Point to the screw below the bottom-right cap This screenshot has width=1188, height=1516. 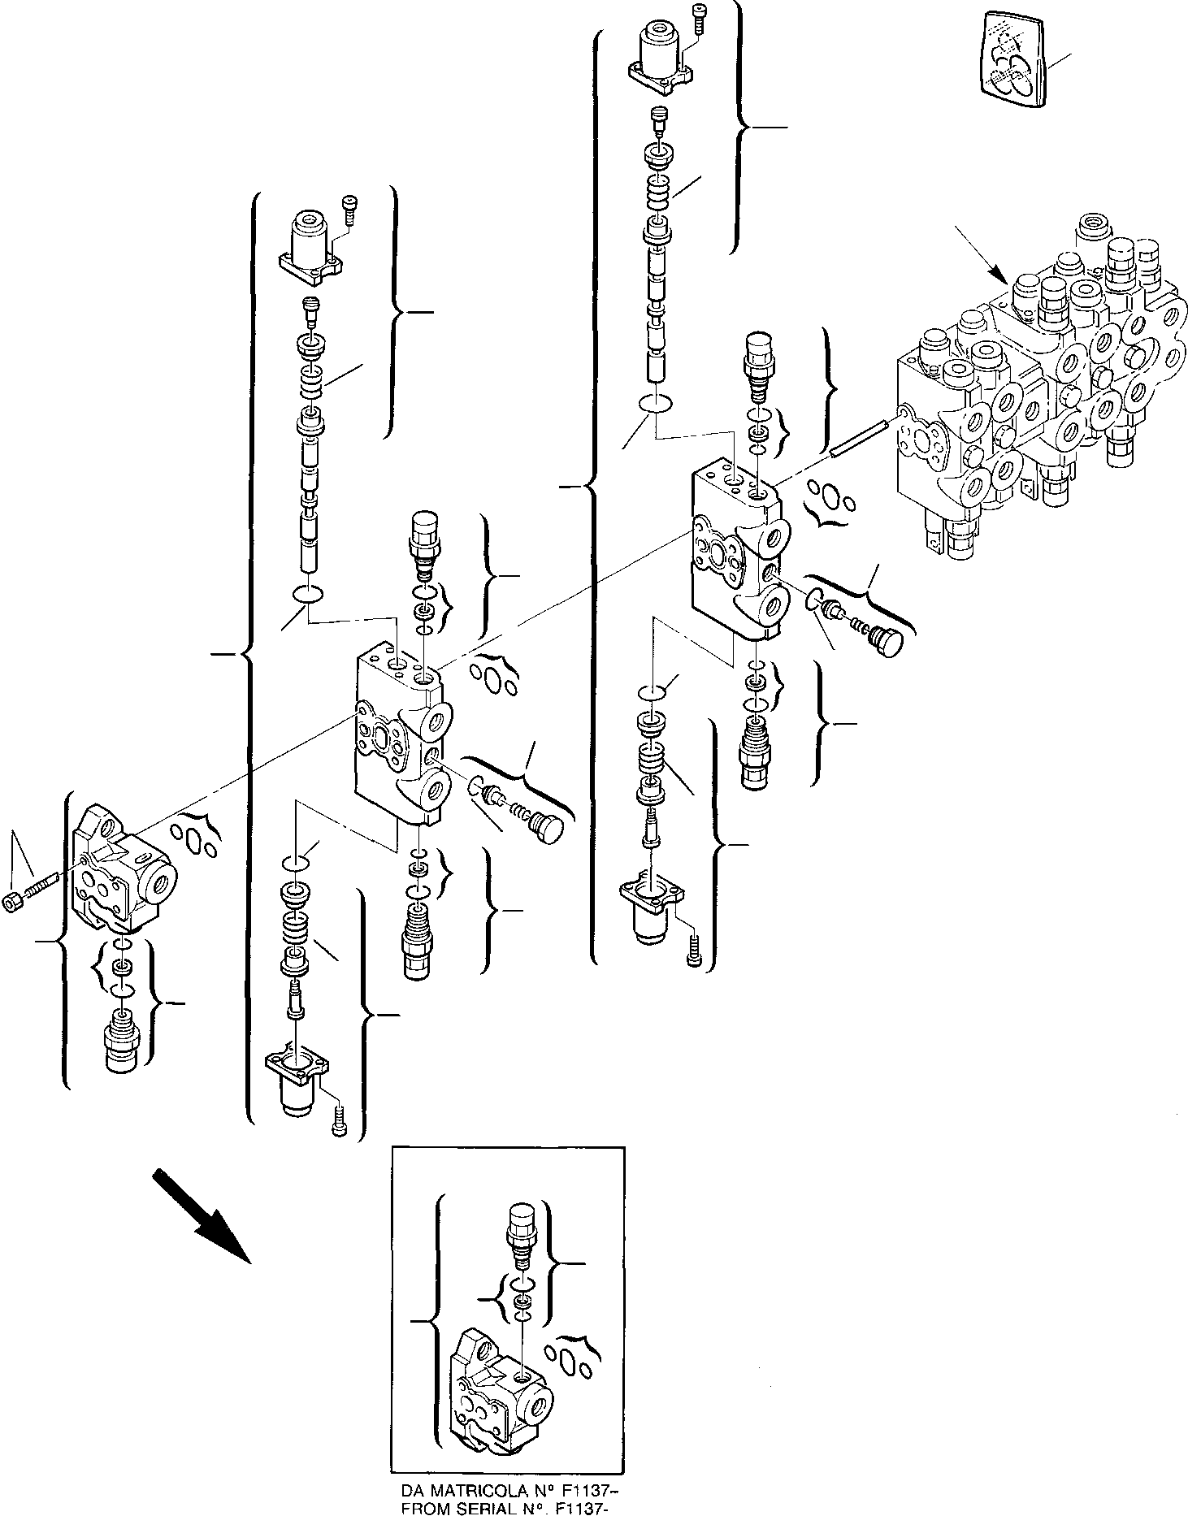(x=693, y=951)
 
